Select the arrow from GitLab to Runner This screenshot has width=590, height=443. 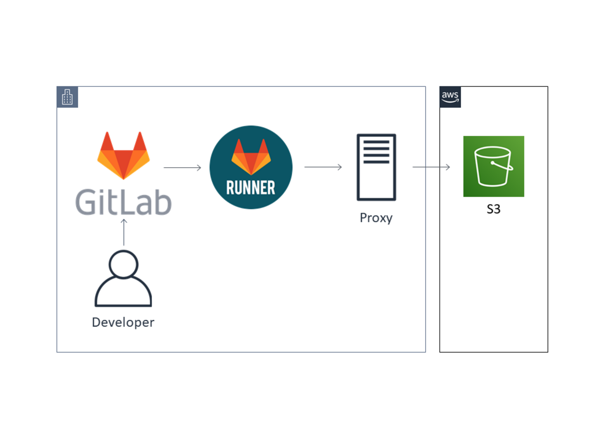(182, 168)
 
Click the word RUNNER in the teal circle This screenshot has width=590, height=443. (251, 188)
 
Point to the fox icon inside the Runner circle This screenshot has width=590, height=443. (251, 157)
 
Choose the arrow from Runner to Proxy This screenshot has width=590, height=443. (323, 167)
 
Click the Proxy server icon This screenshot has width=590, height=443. (376, 167)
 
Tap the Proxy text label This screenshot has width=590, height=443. (376, 218)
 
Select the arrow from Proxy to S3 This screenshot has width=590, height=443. (431, 167)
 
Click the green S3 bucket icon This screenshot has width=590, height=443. (493, 166)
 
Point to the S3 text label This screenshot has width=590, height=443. (493, 209)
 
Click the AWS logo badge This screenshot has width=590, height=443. (450, 97)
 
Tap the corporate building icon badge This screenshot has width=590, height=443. (67, 97)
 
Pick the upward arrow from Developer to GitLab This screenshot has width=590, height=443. (124, 232)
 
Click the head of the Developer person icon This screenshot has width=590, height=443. (123, 264)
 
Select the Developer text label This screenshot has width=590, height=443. (123, 322)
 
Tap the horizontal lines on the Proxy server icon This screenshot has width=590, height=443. (376, 152)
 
